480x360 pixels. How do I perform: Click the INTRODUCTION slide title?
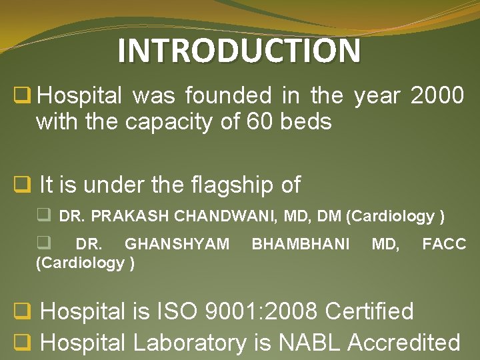(239, 51)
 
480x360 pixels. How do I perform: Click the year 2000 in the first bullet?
(437, 97)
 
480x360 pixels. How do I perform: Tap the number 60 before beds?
(262, 122)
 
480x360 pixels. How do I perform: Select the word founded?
(228, 97)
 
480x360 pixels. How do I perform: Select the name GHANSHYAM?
(177, 245)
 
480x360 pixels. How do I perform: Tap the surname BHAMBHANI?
(300, 245)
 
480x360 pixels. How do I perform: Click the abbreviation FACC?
(444, 245)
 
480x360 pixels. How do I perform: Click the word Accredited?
(404, 343)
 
